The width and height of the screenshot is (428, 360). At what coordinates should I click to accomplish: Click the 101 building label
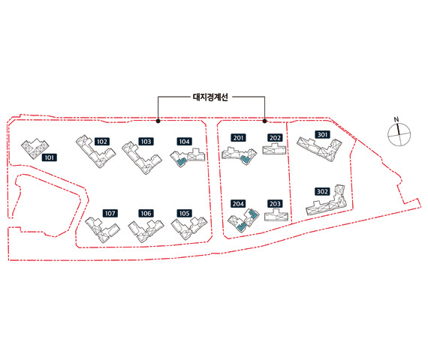click(50, 157)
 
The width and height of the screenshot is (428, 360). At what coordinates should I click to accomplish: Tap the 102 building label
click(102, 142)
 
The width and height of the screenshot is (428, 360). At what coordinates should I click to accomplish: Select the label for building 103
click(146, 142)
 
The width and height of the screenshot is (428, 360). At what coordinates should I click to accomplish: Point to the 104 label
click(184, 142)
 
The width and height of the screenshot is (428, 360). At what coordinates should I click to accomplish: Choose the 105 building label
click(184, 213)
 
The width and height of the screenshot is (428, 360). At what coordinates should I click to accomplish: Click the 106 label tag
click(146, 213)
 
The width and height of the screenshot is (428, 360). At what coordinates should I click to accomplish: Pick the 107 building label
click(110, 213)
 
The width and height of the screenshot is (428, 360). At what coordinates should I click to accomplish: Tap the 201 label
click(238, 138)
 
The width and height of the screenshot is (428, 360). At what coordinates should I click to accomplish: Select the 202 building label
click(275, 138)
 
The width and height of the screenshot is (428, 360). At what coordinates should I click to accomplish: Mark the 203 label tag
click(275, 204)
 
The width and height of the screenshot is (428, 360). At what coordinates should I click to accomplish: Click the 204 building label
click(238, 204)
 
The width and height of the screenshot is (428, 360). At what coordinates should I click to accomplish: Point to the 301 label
click(322, 135)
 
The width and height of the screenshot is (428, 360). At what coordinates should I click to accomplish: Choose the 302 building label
click(322, 191)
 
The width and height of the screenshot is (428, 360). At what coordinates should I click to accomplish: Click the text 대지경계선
click(210, 97)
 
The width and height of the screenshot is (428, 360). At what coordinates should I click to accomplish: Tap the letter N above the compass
click(396, 119)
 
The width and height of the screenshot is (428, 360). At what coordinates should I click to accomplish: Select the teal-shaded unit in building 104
click(181, 162)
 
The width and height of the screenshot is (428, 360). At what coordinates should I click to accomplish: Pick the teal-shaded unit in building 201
click(244, 160)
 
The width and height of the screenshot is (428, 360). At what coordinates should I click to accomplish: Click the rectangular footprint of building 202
click(274, 150)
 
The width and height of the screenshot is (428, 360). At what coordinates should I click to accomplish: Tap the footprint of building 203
click(276, 215)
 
